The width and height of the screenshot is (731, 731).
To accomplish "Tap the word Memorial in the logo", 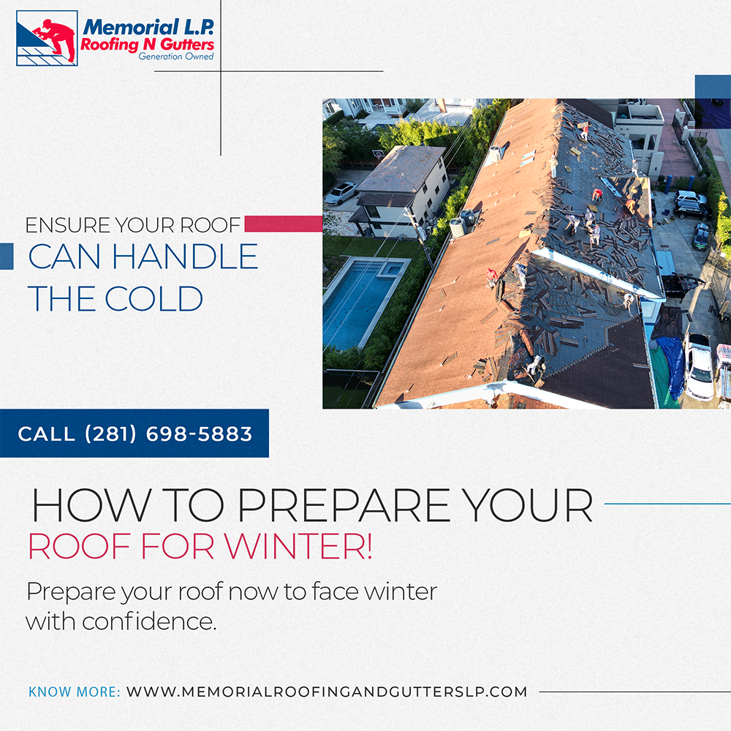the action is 132,27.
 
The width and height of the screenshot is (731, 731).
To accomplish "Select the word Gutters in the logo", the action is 186,45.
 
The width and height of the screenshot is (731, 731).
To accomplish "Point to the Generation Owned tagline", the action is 175,56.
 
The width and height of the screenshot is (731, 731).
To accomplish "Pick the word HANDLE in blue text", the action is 185,257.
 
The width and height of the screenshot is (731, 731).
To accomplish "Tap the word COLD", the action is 154,298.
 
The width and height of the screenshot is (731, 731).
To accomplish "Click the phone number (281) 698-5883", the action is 168,434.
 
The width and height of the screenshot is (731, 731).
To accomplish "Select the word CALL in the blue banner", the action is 46,434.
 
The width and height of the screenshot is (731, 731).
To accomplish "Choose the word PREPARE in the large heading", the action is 344,505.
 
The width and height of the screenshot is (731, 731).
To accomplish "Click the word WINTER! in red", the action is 298,546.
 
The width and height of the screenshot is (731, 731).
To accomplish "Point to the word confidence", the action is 149,621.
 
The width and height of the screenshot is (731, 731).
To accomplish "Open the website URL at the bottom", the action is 327,692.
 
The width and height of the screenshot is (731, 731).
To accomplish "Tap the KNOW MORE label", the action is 74,692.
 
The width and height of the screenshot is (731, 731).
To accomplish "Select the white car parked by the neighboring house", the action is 341,192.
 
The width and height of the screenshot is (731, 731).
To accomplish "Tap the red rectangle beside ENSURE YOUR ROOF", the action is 284,224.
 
